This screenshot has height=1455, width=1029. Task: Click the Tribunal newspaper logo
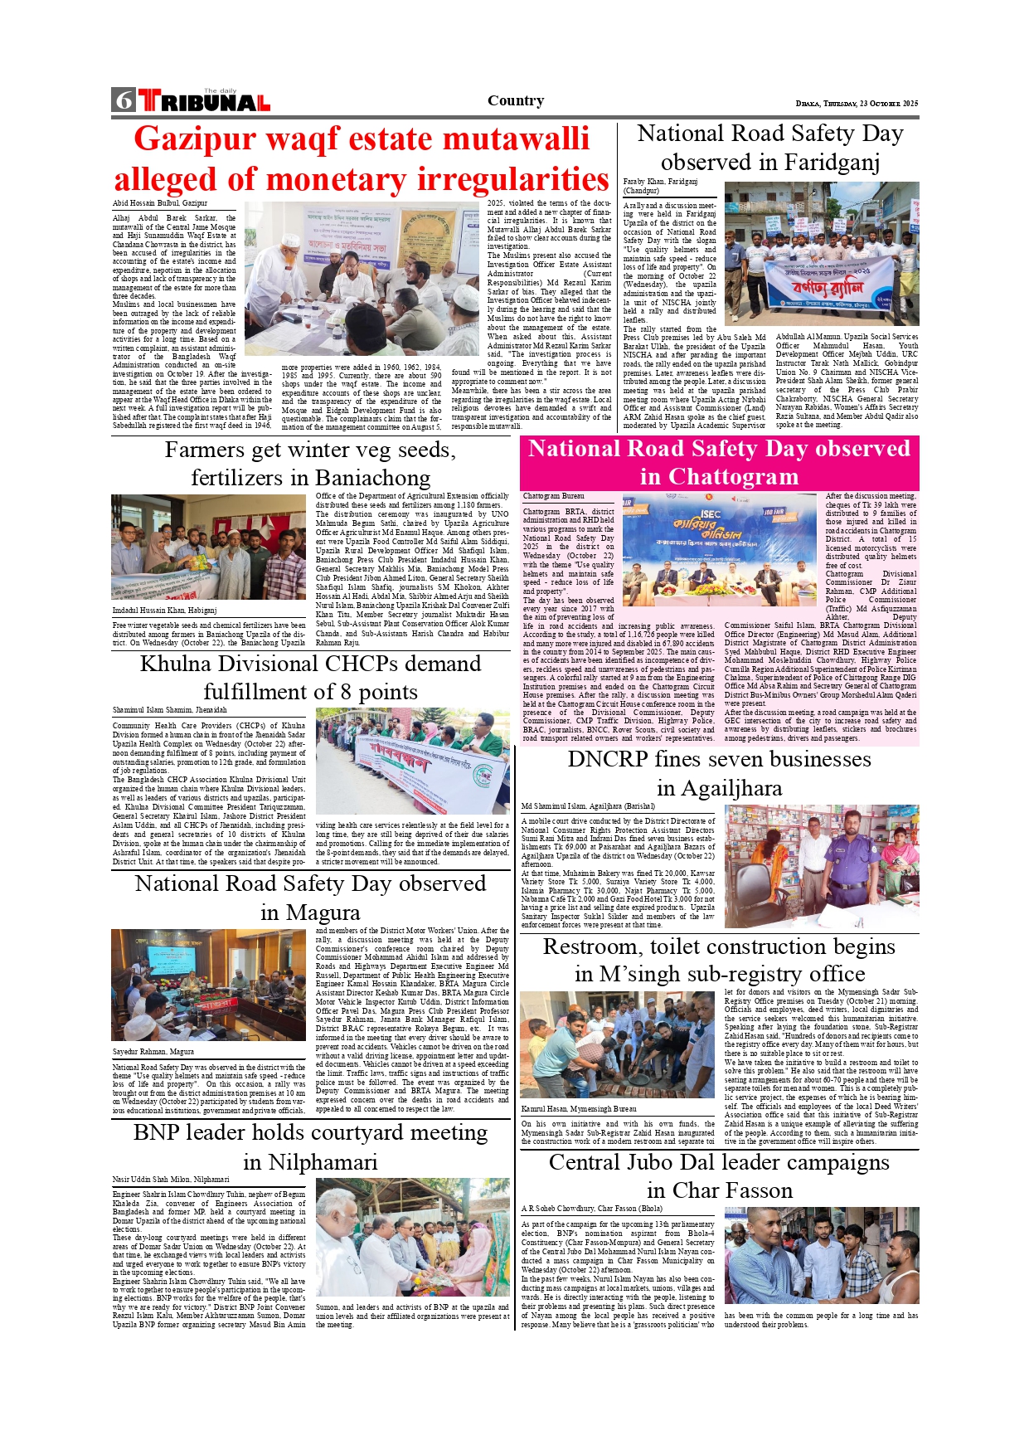[x=204, y=101]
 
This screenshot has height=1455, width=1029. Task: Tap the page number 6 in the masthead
[x=124, y=100]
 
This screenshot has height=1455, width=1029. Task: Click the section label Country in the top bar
[x=516, y=100]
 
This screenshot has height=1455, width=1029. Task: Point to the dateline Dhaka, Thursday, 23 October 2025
[x=857, y=104]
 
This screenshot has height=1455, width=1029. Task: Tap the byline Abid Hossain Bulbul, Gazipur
[x=160, y=203]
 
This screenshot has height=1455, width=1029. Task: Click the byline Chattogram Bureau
[x=553, y=496]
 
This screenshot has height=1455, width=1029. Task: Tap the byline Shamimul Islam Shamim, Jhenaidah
[x=169, y=710]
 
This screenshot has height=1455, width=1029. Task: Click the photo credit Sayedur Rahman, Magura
[x=153, y=1052]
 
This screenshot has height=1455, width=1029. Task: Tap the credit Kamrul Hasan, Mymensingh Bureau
[x=579, y=1109]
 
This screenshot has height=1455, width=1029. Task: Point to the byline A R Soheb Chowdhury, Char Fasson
[x=591, y=1209]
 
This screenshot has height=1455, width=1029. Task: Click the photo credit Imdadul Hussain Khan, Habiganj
[x=164, y=611]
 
